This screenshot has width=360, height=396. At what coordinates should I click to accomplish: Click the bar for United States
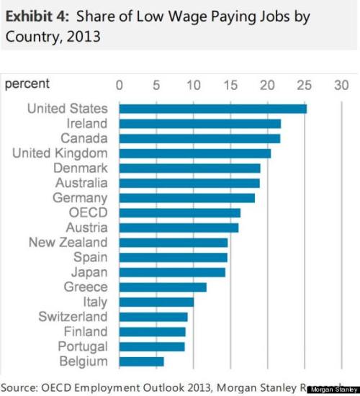(212, 109)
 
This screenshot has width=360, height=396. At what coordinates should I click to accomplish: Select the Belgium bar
(141, 361)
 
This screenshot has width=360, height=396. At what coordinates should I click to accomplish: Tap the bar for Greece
(163, 287)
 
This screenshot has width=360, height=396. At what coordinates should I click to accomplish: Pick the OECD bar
(179, 212)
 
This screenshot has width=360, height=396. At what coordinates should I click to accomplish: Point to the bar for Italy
(156, 302)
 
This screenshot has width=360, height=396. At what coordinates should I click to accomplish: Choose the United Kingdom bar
(194, 153)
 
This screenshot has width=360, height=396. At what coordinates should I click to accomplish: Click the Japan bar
(172, 272)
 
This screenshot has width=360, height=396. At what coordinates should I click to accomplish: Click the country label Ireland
(86, 124)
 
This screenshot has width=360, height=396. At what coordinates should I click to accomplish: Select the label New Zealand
(68, 243)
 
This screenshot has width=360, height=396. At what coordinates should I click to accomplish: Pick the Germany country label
(80, 198)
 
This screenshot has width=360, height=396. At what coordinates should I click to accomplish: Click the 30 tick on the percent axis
(341, 84)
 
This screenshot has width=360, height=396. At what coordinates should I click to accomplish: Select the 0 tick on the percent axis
(120, 84)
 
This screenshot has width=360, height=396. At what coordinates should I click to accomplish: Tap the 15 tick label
(230, 84)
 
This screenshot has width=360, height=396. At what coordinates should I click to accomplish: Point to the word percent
(27, 84)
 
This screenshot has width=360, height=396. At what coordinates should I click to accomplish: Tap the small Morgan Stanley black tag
(332, 388)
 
